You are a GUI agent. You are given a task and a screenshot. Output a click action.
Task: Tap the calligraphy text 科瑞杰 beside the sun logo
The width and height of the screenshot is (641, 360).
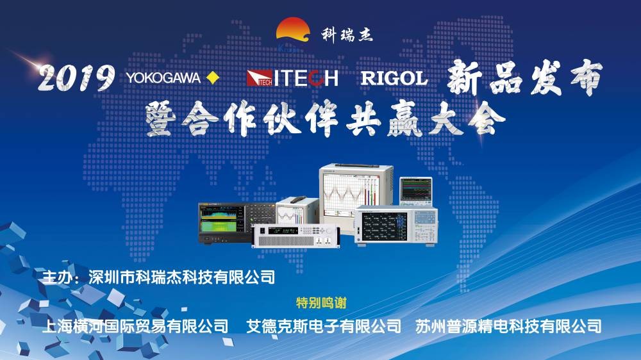tap(347, 35)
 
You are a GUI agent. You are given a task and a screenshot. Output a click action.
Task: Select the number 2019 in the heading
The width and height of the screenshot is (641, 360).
tap(76, 78)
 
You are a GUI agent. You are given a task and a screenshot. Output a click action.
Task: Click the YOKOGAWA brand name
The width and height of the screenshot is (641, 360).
tap(163, 78)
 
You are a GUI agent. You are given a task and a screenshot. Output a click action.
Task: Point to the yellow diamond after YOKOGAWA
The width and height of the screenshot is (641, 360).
tap(213, 78)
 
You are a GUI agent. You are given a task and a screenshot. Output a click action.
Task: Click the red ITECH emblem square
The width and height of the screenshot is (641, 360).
tap(259, 78)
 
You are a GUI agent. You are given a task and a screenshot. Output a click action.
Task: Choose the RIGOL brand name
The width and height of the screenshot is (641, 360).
tap(394, 78)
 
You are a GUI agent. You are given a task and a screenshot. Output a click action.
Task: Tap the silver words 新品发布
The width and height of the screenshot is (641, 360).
tap(524, 78)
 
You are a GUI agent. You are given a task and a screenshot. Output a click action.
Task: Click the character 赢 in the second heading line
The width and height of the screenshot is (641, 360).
tap(404, 119)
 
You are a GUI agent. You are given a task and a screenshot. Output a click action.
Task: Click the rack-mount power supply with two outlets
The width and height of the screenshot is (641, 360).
tap(296, 236)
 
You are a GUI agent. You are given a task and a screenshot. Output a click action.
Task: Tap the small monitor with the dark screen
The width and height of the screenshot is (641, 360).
tap(416, 192)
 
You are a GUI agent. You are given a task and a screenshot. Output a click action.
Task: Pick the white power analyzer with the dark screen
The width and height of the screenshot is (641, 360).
tap(395, 225)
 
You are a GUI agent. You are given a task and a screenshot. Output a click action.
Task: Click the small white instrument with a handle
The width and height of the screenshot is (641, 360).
tap(297, 211)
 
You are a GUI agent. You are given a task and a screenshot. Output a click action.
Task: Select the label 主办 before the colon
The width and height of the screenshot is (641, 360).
tap(57, 277)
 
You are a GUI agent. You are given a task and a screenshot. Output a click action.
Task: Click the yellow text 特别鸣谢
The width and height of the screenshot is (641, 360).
tap(321, 303)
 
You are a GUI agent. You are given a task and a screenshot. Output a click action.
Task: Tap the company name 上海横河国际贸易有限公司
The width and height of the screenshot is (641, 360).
tap(135, 326)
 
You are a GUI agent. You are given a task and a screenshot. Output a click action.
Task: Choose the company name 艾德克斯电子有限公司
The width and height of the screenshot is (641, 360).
tap(323, 326)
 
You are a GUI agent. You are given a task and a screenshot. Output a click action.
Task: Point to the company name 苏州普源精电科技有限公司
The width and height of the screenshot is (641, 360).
tap(508, 326)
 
